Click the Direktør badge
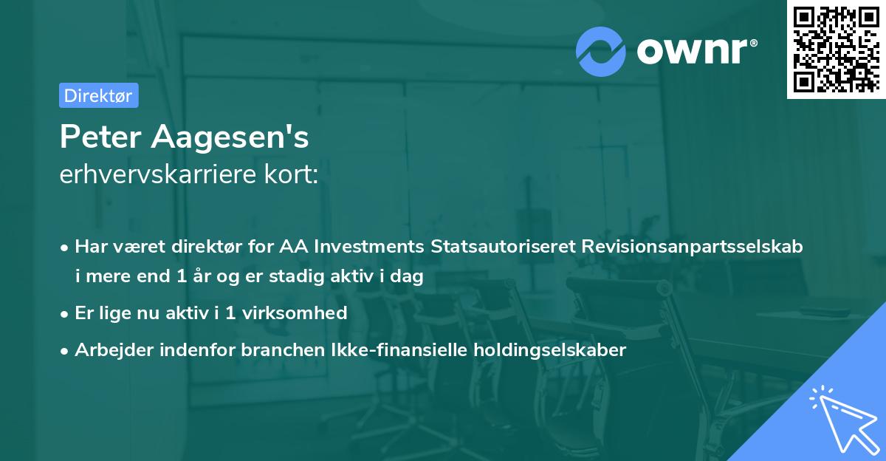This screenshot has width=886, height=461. (98, 95)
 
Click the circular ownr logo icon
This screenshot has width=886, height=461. (601, 51)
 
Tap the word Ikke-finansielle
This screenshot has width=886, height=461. (395, 350)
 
